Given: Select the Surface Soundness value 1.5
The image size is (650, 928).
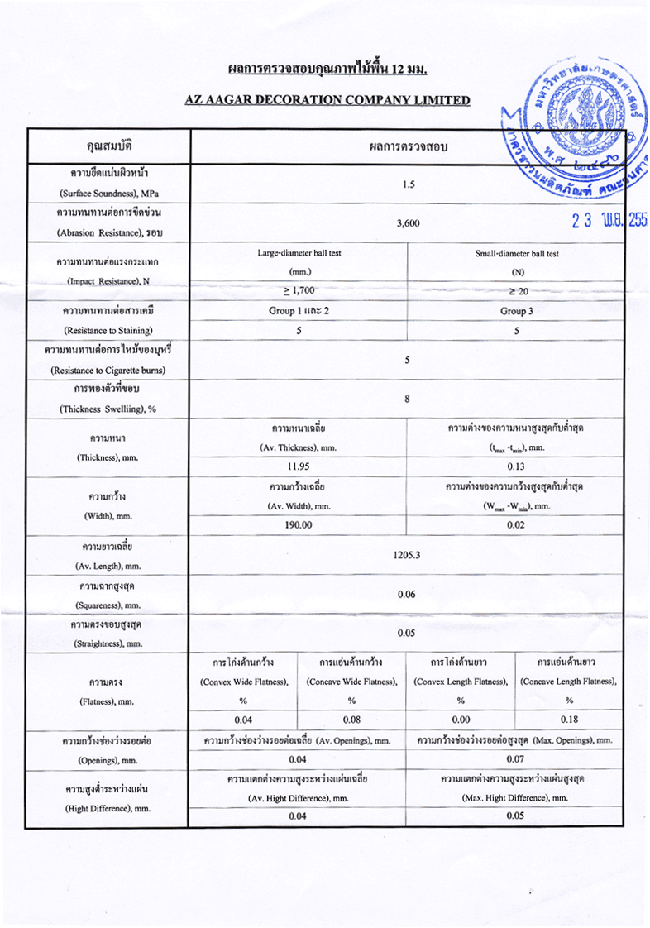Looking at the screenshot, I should [408, 184].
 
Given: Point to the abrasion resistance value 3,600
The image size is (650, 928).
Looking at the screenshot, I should [408, 223].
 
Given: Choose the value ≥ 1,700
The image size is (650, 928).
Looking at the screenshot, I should [299, 290].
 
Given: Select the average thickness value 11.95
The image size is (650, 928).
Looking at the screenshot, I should [299, 466].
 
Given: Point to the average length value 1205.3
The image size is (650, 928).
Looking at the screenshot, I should [408, 556].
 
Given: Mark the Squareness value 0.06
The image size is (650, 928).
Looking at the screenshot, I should [408, 595].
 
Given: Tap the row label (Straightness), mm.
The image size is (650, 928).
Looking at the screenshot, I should [111, 643].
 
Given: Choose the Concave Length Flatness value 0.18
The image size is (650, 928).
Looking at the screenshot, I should [569, 719].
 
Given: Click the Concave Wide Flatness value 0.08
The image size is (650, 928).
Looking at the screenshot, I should [351, 719].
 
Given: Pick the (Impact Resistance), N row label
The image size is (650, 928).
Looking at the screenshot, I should [111, 280].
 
